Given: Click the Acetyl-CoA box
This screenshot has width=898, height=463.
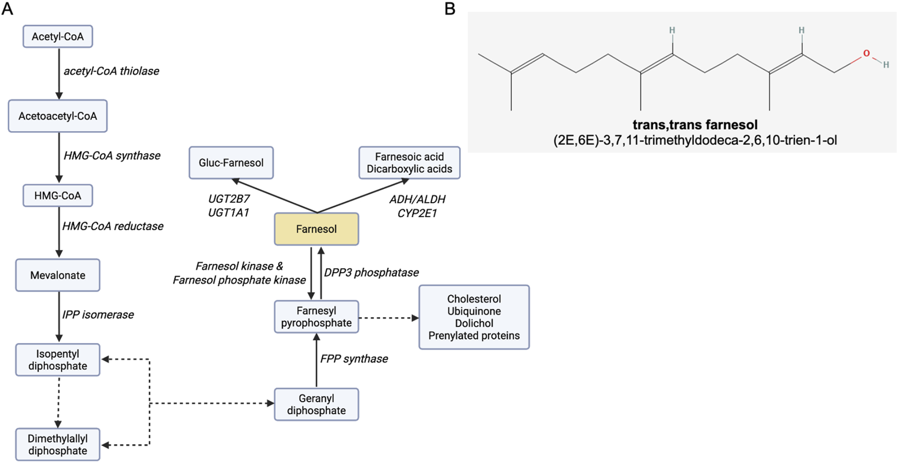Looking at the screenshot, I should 58,36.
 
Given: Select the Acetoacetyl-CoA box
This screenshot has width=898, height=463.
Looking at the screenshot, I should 58,116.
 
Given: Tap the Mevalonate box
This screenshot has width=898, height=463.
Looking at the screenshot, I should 58,275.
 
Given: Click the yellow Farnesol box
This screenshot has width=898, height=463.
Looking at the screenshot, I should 316,229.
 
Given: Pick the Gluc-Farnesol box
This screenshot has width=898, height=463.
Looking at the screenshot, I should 231,163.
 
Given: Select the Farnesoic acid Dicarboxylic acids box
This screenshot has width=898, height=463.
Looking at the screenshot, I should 409,163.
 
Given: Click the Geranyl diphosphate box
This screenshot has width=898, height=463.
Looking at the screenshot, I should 316,404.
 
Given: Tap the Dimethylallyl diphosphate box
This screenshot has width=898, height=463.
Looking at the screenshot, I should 58,444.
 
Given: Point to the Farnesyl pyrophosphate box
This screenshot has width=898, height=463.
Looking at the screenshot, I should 316,317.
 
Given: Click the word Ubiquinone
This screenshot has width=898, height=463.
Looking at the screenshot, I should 474,311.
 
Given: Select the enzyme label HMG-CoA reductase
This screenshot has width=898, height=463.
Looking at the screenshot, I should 113,226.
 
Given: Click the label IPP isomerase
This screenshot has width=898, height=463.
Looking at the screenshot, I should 98,315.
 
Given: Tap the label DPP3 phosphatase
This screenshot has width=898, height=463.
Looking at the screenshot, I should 371,273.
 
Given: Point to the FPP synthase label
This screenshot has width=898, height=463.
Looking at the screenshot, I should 354,359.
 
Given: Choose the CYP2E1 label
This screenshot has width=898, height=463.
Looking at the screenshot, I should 417,213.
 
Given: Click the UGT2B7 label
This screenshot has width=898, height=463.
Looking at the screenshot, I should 229,199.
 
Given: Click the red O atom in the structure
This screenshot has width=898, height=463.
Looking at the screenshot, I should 866,53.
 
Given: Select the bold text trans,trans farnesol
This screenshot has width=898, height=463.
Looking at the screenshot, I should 695,125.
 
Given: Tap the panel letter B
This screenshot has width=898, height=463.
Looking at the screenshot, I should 450,9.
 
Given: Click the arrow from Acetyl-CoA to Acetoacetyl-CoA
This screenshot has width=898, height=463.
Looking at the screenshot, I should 59,73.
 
